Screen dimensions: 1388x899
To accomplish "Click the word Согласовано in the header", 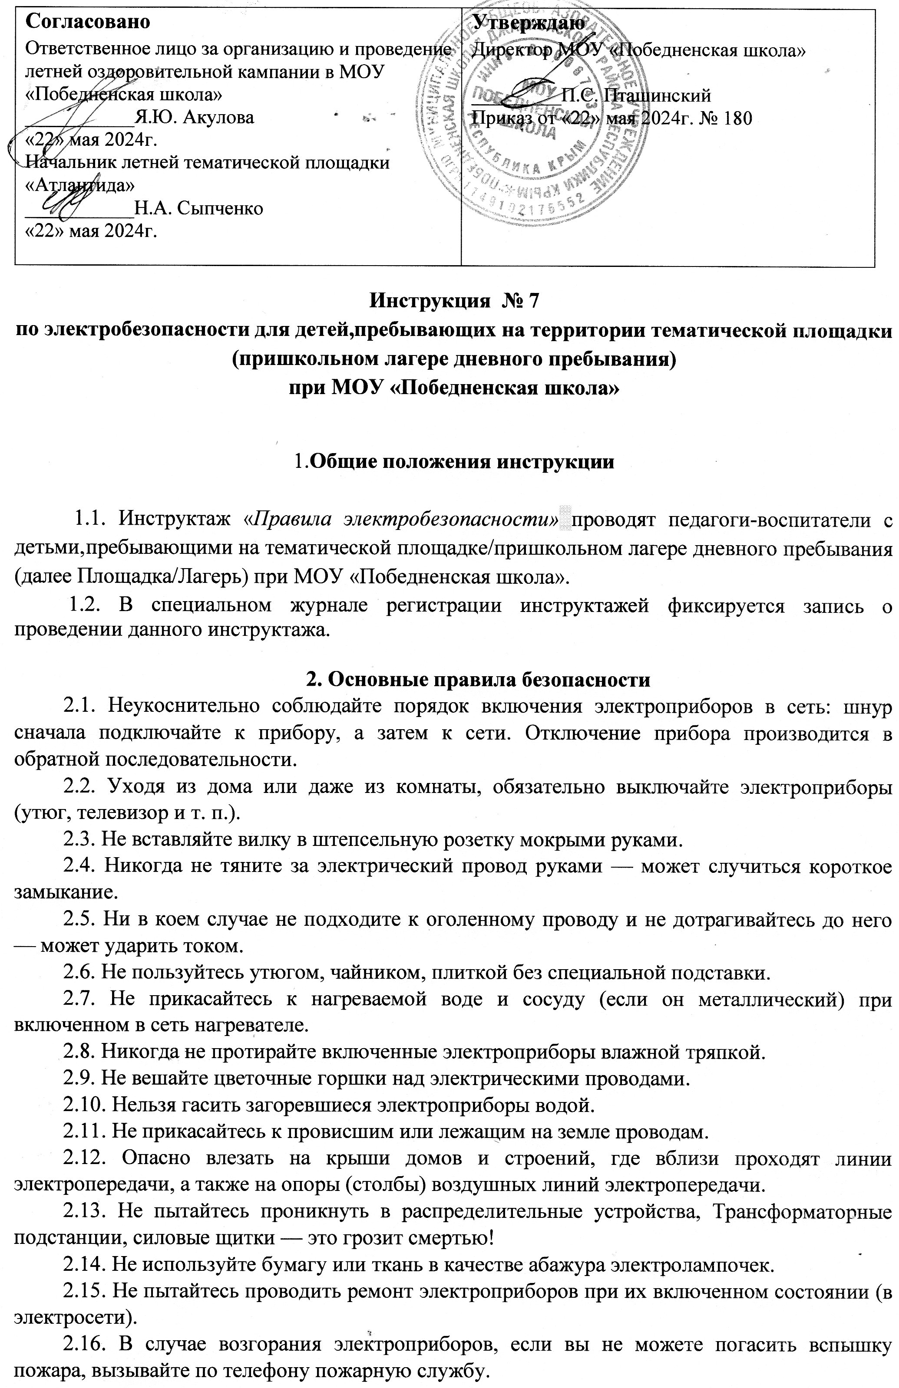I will tap(89, 22).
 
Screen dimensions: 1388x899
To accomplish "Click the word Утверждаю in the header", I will tap(529, 22).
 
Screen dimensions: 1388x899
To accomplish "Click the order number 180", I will tap(737, 118).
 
